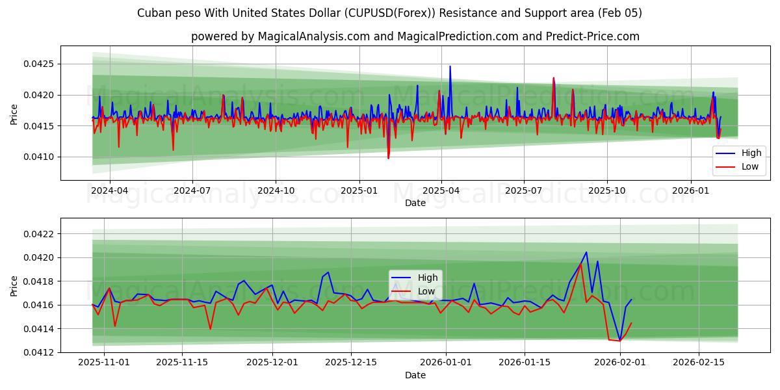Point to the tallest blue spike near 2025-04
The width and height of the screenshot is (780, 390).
tap(450, 66)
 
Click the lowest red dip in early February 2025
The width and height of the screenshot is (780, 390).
tap(388, 158)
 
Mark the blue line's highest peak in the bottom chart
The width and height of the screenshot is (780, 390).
tap(586, 252)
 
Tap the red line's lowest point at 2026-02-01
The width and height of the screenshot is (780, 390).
tap(619, 341)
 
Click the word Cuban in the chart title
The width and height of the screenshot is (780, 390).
tap(155, 13)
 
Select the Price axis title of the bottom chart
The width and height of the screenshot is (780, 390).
tap(14, 285)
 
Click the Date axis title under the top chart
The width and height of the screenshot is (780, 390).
tap(415, 203)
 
